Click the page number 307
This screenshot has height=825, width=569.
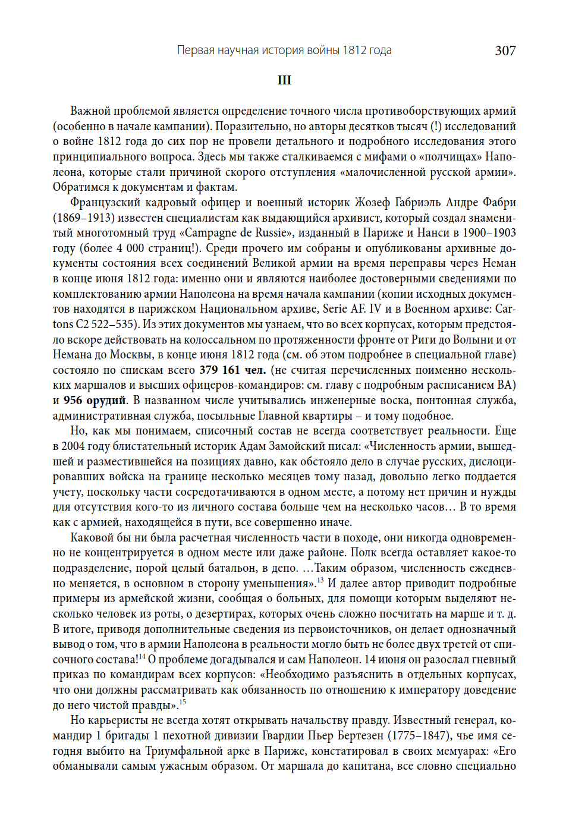(505, 51)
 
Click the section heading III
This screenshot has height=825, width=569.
(284, 80)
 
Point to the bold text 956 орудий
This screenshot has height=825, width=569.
(95, 400)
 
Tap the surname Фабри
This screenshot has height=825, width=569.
(499, 202)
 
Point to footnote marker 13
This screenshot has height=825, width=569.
(320, 580)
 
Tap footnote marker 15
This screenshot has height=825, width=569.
(183, 702)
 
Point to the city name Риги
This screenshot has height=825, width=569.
(425, 339)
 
